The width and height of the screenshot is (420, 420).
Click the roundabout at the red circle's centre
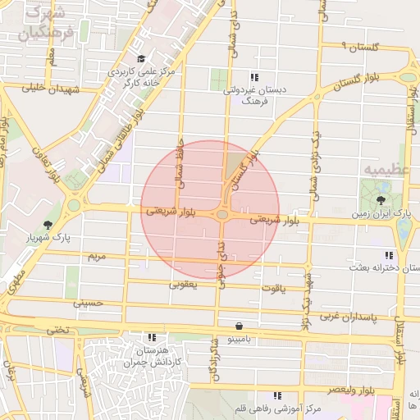(x=222, y=215)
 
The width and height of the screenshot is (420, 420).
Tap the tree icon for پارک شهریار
(x=49, y=225)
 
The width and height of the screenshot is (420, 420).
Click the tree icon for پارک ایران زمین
(x=381, y=199)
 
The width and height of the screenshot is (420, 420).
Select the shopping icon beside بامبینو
(x=238, y=326)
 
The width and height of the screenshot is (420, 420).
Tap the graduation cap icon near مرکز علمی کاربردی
(x=141, y=58)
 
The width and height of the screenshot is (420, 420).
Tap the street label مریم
(x=97, y=257)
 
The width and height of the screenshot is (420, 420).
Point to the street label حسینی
(x=89, y=303)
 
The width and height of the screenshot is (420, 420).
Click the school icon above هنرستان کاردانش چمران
(x=152, y=337)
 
